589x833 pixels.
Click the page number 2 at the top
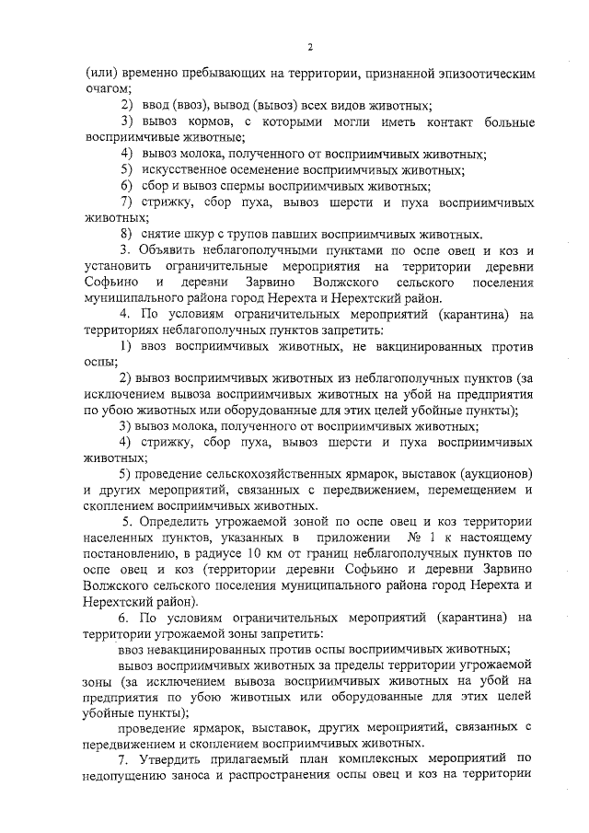(310, 46)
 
